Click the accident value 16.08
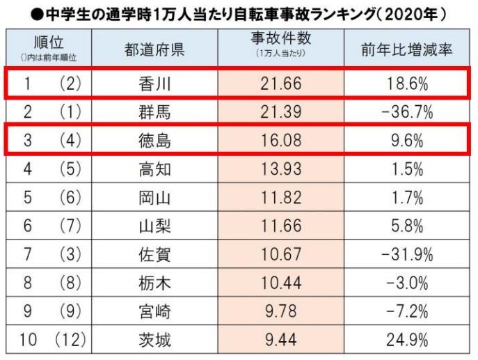(277, 141)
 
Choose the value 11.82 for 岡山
(277, 198)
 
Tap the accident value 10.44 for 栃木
(277, 283)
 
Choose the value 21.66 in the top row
(277, 84)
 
